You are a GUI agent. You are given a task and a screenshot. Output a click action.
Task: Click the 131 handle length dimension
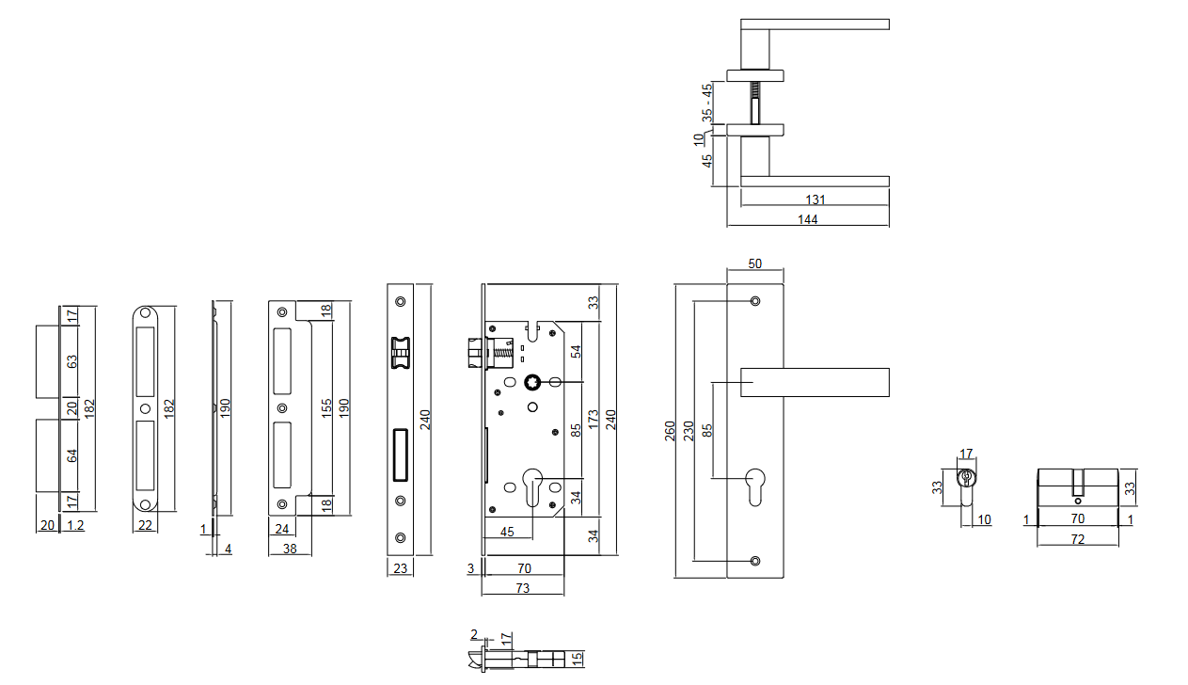pos(816,199)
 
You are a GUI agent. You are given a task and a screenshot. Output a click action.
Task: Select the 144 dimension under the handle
pos(807,219)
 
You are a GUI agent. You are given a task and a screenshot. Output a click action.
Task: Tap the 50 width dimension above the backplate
pos(754,264)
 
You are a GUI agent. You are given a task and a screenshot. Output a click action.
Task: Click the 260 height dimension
pos(670,431)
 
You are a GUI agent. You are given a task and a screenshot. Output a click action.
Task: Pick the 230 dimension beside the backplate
pos(689,431)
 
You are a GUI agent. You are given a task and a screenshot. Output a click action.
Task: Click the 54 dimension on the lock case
pos(577,351)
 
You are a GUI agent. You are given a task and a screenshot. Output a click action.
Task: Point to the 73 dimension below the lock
pos(522,588)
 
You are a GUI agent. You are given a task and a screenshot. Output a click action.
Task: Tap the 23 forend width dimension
pos(399,568)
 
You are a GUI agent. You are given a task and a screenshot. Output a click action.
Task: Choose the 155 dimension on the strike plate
pos(326,407)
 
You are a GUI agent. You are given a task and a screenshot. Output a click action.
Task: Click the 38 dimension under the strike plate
pos(290,549)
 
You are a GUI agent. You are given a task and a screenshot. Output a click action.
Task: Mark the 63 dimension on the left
pos(72,360)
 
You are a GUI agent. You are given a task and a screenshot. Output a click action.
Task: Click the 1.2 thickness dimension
pos(75,526)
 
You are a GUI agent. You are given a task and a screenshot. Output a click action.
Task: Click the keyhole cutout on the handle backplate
pos(754,483)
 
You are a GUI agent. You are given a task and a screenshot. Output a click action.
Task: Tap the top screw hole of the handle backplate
pos(754,302)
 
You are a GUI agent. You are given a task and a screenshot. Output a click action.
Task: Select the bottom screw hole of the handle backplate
pos(754,561)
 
